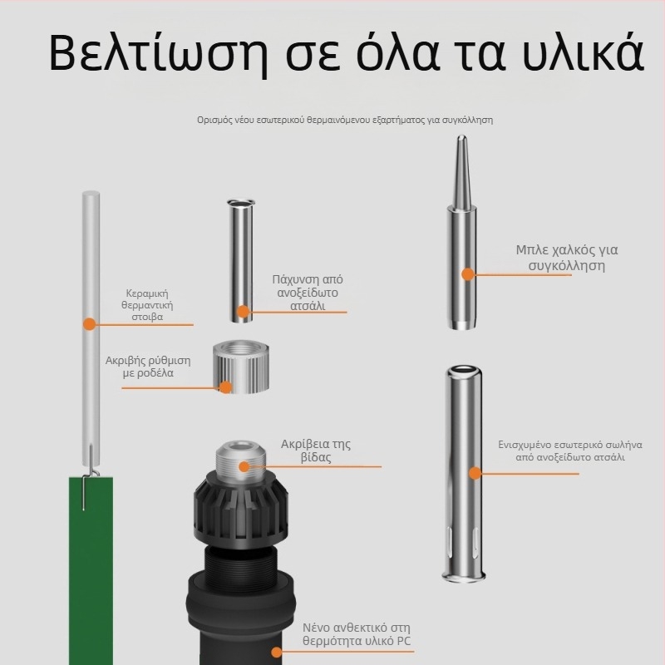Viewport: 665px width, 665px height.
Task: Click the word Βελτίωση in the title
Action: [159, 53]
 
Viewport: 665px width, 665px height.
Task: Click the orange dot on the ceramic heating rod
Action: [90, 324]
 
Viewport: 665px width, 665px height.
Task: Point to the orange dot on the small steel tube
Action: [243, 312]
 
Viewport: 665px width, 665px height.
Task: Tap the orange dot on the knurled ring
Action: [225, 387]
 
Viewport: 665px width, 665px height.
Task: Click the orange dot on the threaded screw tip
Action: [244, 466]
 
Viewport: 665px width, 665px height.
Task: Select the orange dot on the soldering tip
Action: [468, 274]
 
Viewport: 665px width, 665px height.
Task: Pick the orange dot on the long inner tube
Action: [475, 473]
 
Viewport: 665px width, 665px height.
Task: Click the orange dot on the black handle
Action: [277, 653]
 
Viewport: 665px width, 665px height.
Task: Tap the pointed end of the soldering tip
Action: [462, 135]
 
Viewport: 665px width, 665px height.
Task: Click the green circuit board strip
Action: [91, 570]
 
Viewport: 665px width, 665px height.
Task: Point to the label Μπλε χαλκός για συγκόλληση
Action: [567, 258]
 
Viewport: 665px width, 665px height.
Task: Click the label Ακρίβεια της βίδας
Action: [316, 451]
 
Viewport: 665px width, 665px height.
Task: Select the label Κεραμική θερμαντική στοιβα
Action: [147, 305]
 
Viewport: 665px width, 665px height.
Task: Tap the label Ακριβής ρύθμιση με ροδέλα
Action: [148, 367]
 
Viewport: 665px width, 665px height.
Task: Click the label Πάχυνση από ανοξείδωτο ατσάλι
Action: [308, 293]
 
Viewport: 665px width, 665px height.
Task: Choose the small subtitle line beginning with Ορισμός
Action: [345, 120]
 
